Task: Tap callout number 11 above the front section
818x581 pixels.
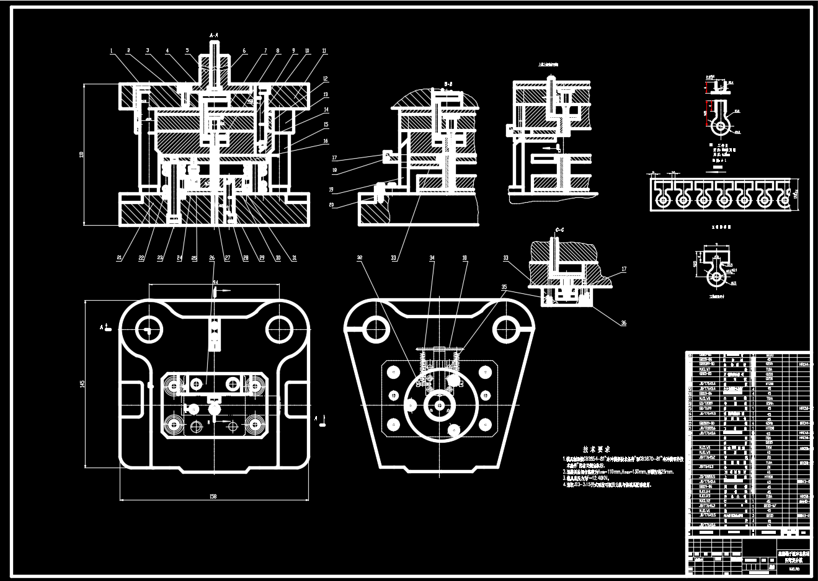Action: click(324, 51)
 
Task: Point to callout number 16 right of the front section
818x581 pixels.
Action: click(326, 141)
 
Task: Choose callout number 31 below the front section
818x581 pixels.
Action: click(295, 258)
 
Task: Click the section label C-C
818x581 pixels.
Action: click(559, 230)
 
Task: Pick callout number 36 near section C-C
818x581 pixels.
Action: click(623, 322)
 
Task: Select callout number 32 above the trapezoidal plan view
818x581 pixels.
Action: click(360, 257)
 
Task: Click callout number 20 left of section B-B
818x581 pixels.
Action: click(332, 205)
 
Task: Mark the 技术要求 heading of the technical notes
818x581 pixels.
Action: click(596, 448)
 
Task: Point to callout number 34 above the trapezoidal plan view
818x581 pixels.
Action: click(432, 257)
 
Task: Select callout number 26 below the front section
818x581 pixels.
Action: click(211, 258)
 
